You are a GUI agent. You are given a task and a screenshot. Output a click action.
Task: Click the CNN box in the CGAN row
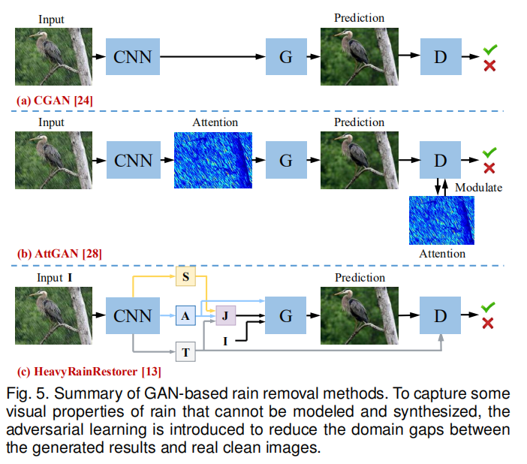tap(133, 56)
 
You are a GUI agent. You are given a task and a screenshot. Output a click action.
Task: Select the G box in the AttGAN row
tap(285, 161)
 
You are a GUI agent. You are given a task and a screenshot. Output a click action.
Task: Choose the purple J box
tap(225, 317)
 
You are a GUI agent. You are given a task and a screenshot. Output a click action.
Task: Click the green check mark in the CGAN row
tap(489, 49)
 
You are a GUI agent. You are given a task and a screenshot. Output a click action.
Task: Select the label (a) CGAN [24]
tap(55, 99)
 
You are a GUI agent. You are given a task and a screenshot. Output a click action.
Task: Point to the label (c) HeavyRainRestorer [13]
tap(89, 370)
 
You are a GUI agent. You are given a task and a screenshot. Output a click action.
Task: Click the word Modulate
tap(478, 187)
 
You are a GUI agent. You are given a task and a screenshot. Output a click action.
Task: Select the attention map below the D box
tap(442, 219)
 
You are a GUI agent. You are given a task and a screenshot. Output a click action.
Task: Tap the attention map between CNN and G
tap(213, 160)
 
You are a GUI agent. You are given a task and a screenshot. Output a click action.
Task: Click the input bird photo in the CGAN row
tap(53, 56)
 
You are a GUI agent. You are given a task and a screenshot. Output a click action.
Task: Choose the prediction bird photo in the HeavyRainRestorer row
tap(359, 316)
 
